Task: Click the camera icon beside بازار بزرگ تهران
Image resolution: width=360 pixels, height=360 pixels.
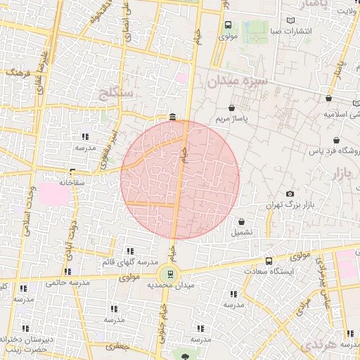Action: coord(290,194)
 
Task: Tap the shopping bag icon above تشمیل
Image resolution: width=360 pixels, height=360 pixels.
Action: coord(242,221)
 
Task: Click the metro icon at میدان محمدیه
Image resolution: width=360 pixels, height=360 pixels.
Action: coord(169,274)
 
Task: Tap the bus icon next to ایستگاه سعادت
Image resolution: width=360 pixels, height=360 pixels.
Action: coord(268,261)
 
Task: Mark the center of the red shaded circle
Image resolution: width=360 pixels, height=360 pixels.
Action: coord(180,179)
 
